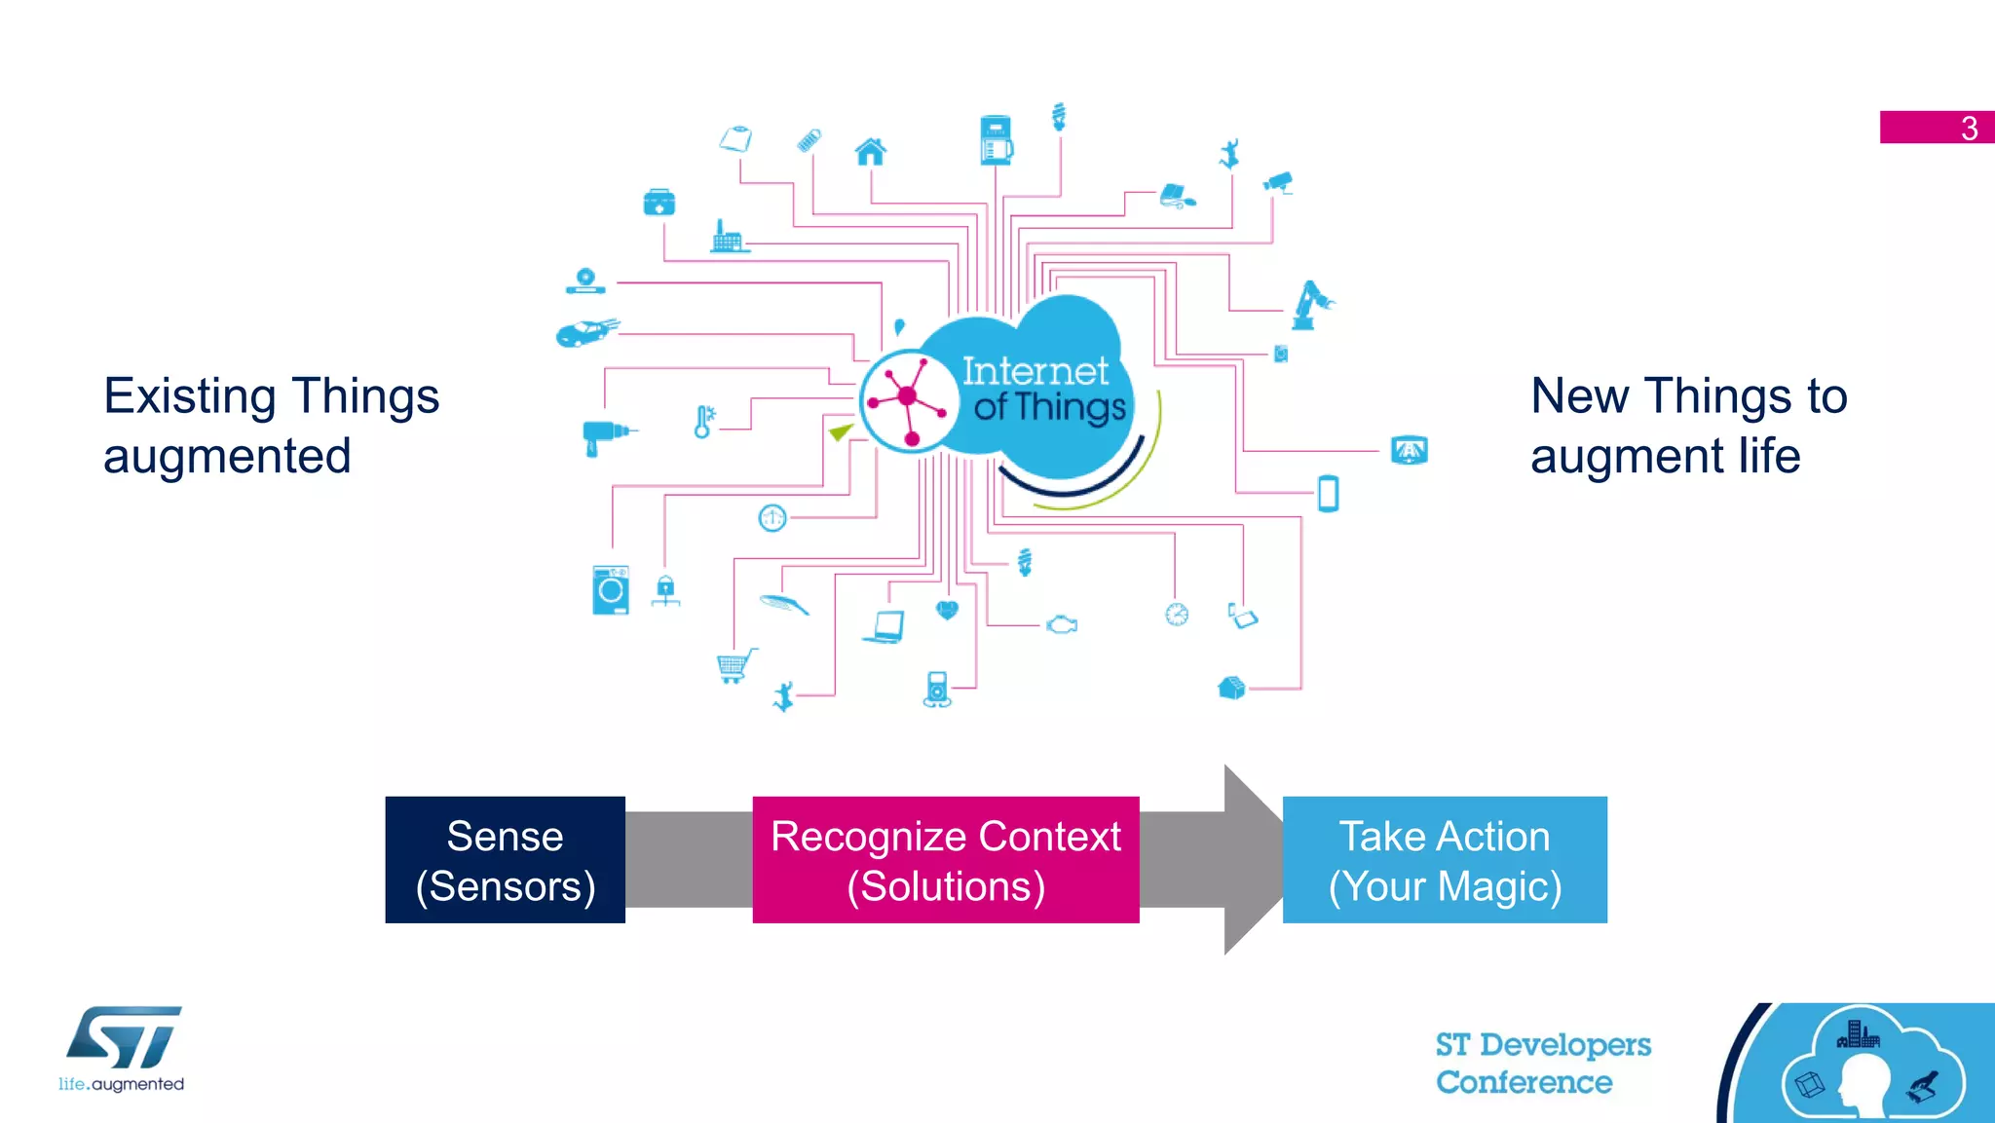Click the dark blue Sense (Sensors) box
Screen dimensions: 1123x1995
(505, 860)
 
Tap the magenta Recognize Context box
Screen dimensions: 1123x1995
(945, 860)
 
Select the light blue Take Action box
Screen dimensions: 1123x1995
(1444, 860)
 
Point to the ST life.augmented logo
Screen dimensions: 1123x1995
(123, 1048)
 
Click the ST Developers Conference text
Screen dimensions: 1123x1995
(1542, 1063)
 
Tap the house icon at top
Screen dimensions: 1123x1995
(870, 152)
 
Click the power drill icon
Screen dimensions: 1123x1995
(605, 434)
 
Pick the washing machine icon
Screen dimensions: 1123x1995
(611, 590)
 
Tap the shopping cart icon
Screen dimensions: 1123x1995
(734, 666)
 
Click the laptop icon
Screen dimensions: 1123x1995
(885, 626)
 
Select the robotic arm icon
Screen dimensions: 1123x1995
(1310, 305)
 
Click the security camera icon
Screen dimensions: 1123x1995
(1278, 182)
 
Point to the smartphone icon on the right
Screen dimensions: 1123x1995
(1328, 493)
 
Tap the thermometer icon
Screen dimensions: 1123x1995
(703, 422)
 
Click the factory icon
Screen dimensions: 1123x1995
(727, 237)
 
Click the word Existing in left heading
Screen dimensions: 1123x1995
(190, 396)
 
